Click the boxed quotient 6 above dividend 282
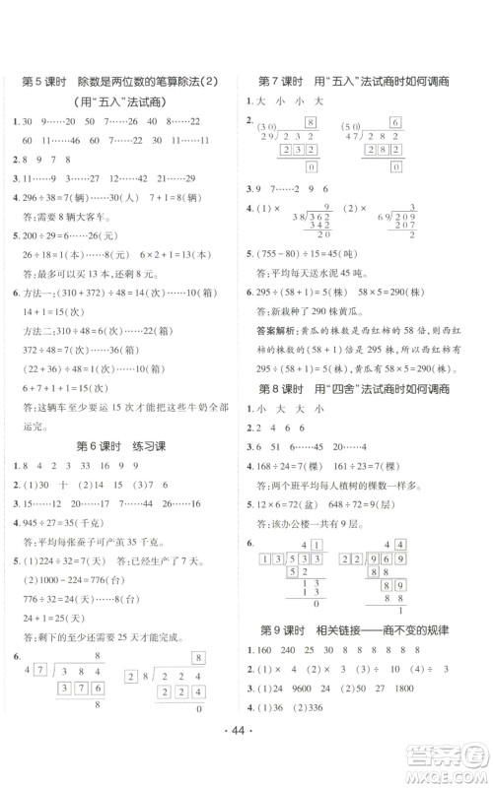tap(394, 122)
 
